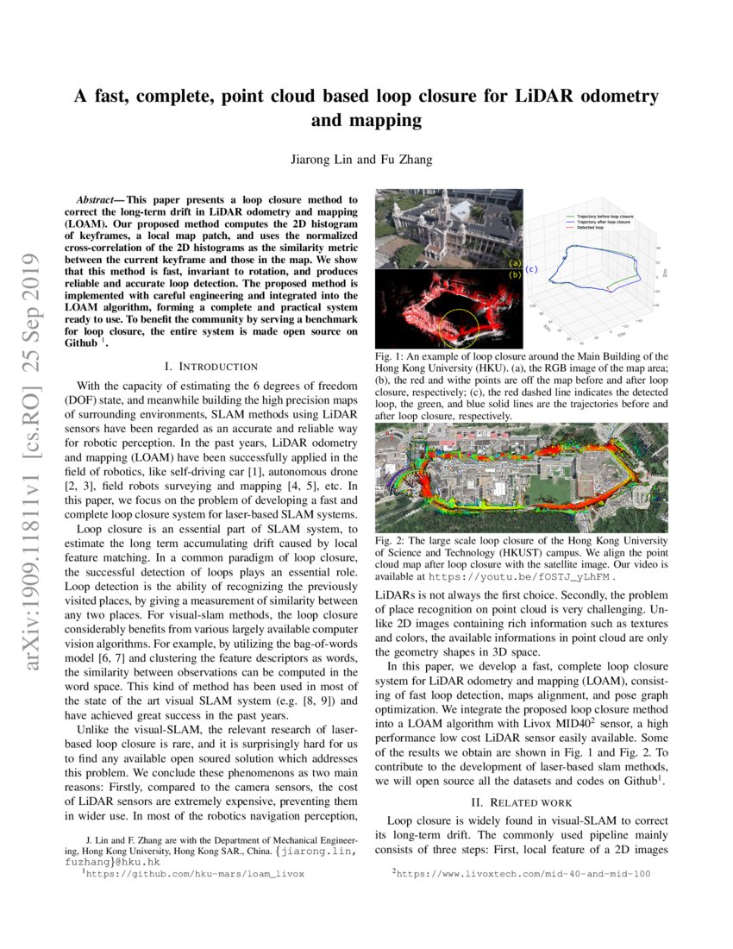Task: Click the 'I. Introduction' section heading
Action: coord(211,367)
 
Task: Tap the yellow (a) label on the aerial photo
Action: coord(515,263)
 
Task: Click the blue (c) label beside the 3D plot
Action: coord(531,269)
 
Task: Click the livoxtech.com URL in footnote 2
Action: coord(526,873)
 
